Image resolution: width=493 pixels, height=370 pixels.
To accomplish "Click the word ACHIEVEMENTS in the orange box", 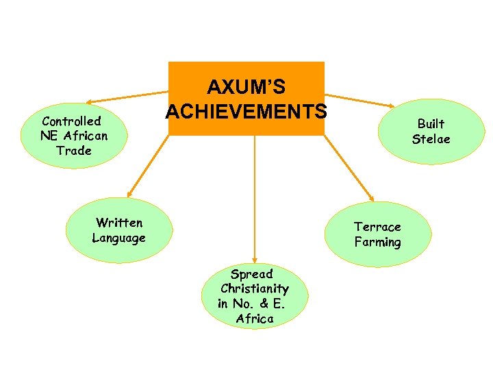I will pos(246,110).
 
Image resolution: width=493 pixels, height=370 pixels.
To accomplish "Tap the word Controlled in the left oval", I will pos(71,121).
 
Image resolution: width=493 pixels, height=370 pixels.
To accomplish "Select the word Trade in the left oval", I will pos(74,151).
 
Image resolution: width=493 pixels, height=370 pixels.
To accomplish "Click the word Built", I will pos(431,124).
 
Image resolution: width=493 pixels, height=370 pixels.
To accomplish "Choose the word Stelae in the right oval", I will pos(431,139).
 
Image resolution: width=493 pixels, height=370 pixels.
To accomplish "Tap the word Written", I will pos(119,223).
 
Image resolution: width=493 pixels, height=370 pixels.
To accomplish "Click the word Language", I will pos(118,238).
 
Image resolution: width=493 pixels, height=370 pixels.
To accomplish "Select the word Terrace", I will pos(377,227).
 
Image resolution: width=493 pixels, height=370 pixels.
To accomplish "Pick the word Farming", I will pos(377,242).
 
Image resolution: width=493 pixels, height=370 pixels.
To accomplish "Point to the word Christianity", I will pos(255,288).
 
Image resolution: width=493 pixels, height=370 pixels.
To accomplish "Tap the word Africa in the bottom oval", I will pos(254,319).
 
